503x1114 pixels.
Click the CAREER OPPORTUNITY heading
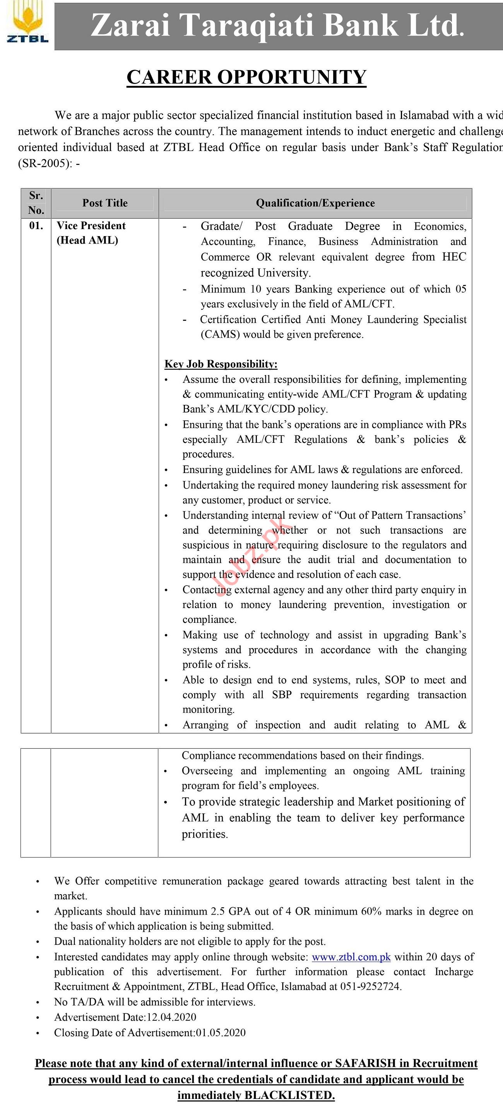(246, 77)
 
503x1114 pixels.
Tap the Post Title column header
(105, 203)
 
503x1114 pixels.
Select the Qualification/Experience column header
(315, 203)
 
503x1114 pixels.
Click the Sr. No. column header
(36, 203)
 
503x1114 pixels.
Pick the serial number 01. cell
(36, 226)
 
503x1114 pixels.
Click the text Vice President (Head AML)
(91, 233)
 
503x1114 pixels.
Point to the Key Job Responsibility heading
(221, 364)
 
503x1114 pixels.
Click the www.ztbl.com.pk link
(351, 957)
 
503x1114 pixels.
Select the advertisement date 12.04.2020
(171, 1017)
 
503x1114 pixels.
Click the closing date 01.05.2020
(221, 1033)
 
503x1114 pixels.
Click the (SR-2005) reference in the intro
(42, 164)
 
